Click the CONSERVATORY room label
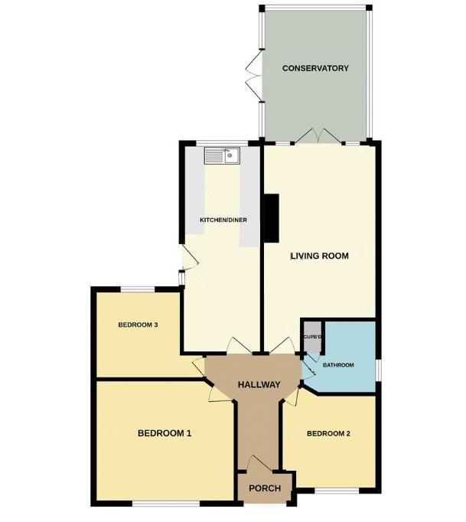coord(315,68)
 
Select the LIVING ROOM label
coord(319,256)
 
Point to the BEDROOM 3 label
coord(138,325)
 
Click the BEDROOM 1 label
coord(165,433)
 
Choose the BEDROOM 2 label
coord(328,434)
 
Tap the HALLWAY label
coord(259,384)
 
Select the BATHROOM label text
coord(337,365)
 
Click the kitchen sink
coord(222,155)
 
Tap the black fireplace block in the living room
coord(272,217)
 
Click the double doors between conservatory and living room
coord(318,137)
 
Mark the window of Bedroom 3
coord(138,289)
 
